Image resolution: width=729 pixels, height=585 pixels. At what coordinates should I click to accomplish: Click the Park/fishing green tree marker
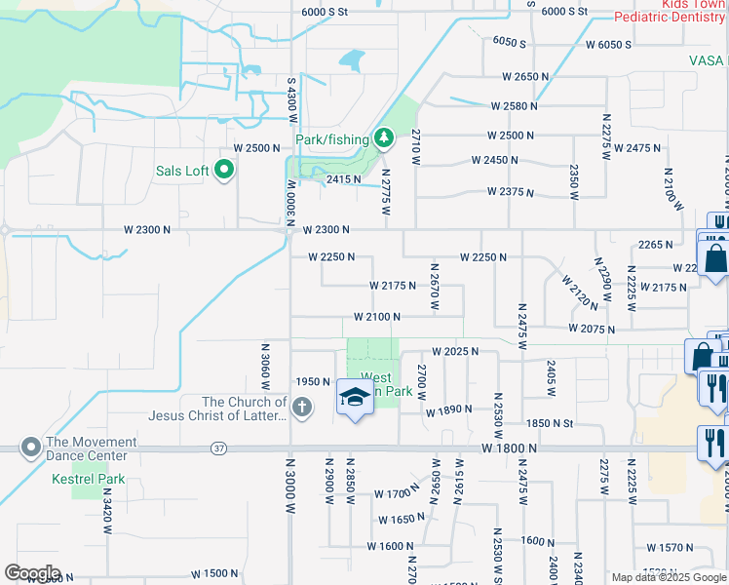pyautogui.click(x=384, y=140)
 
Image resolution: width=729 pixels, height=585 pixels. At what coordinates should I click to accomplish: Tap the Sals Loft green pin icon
pyautogui.click(x=224, y=172)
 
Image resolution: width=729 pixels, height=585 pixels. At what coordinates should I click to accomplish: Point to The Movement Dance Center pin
pyautogui.click(x=30, y=448)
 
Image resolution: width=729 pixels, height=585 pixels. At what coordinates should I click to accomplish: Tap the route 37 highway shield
pyautogui.click(x=220, y=448)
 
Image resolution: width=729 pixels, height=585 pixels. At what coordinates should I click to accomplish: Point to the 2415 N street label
pyautogui.click(x=343, y=179)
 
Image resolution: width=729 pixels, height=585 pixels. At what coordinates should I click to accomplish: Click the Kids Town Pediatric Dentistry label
pyautogui.click(x=671, y=11)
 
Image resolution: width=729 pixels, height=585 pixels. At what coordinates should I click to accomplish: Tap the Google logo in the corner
pyautogui.click(x=32, y=573)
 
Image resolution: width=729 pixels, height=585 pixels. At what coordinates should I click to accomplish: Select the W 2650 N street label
pyautogui.click(x=526, y=76)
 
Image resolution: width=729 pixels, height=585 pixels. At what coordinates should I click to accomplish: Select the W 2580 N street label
pyautogui.click(x=516, y=105)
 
